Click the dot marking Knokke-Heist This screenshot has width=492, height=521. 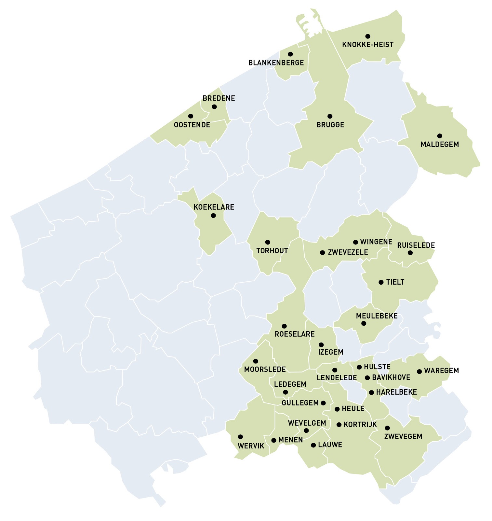pyautogui.click(x=368, y=36)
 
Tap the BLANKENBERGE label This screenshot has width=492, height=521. pyautogui.click(x=276, y=63)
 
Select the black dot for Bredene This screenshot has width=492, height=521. pyautogui.click(x=214, y=107)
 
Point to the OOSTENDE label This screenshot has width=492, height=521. pyautogui.click(x=192, y=125)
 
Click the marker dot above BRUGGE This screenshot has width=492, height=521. pyautogui.click(x=330, y=116)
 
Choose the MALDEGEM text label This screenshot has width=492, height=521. pyautogui.click(x=440, y=144)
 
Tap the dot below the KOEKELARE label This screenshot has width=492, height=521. pyautogui.click(x=213, y=216)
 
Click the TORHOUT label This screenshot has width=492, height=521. pyautogui.click(x=272, y=251)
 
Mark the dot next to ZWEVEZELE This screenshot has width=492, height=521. pyautogui.click(x=322, y=252)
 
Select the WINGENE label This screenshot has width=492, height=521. pyautogui.click(x=376, y=242)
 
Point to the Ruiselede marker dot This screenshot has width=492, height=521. pyautogui.click(x=410, y=253)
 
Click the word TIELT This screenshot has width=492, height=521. pyautogui.click(x=395, y=282)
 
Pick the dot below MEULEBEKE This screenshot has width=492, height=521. pyautogui.click(x=364, y=323)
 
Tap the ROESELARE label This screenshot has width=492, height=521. pyautogui.click(x=295, y=334)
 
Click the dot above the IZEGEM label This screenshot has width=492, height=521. pyautogui.click(x=321, y=345)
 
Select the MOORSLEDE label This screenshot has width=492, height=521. pyautogui.click(x=265, y=369)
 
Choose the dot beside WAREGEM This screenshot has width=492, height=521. pyautogui.click(x=419, y=371)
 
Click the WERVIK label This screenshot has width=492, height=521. pyautogui.click(x=251, y=446)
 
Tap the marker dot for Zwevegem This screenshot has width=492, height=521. pyautogui.click(x=387, y=428)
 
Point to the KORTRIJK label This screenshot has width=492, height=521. pyautogui.click(x=360, y=425)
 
